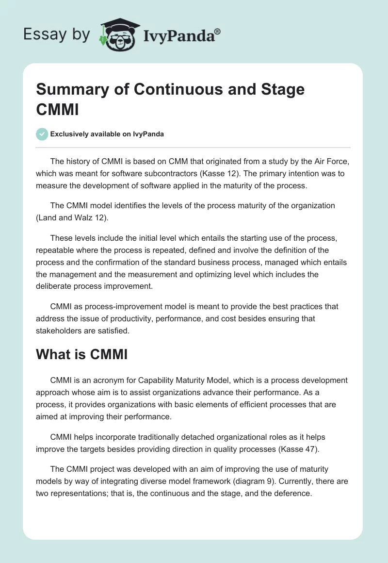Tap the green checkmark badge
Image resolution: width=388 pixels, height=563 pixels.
(42, 134)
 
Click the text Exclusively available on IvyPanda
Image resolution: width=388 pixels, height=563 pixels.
(107, 134)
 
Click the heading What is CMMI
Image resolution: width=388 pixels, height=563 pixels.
(81, 355)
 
